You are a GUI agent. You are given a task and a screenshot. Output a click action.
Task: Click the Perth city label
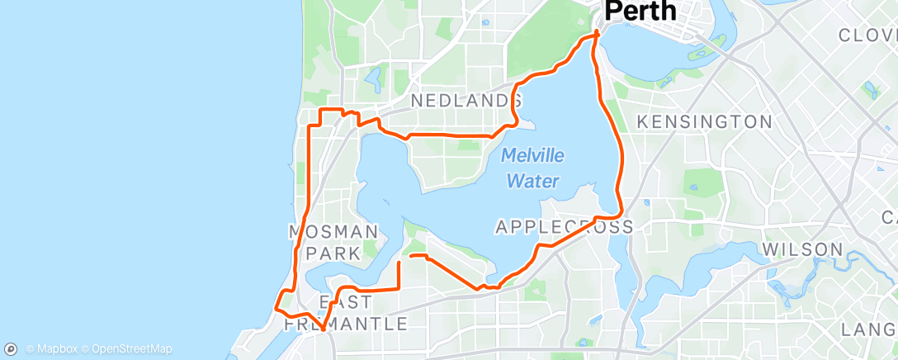click(x=640, y=12)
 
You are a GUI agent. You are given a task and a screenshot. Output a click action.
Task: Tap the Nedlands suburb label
click(x=466, y=101)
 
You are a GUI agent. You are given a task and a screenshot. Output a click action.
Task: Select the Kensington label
click(x=705, y=122)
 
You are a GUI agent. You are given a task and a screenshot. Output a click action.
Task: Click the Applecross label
click(x=565, y=226)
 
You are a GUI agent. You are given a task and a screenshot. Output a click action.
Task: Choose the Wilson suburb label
click(x=802, y=249)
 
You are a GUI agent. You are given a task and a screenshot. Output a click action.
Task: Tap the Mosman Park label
click(x=333, y=242)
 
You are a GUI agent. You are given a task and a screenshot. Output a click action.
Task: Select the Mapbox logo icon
click(x=12, y=348)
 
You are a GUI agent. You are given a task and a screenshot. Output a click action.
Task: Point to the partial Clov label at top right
click(x=867, y=36)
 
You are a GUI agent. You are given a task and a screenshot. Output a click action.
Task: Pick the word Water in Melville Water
click(x=532, y=181)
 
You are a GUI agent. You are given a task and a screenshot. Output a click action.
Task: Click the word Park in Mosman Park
click(x=333, y=253)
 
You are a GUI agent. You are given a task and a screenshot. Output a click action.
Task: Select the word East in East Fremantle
click(x=339, y=301)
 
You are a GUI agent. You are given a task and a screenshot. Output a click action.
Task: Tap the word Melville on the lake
click(x=532, y=154)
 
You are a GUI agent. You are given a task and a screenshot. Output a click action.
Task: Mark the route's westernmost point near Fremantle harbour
click(x=274, y=308)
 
